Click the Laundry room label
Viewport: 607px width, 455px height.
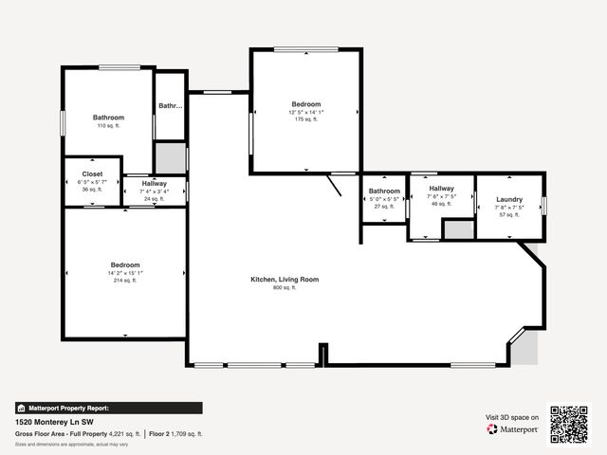pos(509,199)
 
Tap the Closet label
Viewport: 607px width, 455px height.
pos(92,174)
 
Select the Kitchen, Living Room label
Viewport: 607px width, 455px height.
pos(284,280)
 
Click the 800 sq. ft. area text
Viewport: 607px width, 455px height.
pos(284,288)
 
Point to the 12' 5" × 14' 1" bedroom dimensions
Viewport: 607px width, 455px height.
pos(305,112)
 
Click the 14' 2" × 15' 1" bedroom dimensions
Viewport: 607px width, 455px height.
pos(125,273)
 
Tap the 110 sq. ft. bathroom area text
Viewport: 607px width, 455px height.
pos(108,125)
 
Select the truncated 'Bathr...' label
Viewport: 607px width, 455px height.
pos(170,106)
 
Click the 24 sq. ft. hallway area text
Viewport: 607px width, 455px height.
pos(154,199)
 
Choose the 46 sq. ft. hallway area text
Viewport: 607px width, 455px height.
pos(441,204)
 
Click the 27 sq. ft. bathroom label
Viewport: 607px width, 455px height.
pos(384,207)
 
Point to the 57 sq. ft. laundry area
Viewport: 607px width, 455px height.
pos(509,215)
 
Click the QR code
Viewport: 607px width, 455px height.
pos(569,424)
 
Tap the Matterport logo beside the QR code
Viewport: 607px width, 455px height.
pos(513,429)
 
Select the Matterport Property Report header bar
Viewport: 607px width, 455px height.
pos(108,408)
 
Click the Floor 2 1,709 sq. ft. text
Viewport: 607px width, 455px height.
pos(176,433)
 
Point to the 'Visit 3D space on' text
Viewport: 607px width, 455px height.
pos(512,417)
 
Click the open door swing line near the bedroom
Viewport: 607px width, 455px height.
pos(335,184)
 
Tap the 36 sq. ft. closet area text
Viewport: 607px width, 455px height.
pos(92,190)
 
